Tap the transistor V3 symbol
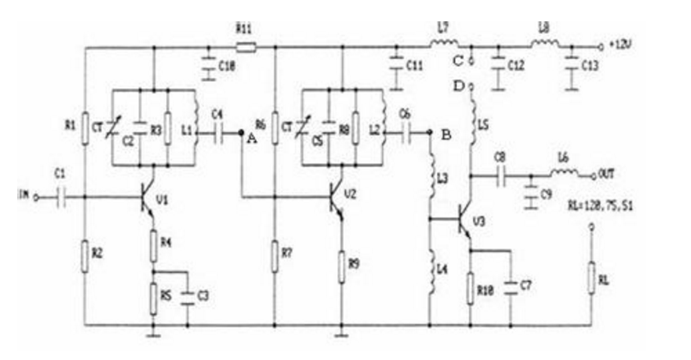pos(465,220)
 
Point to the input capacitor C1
pos(60,197)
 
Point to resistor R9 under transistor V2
pos(342,264)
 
